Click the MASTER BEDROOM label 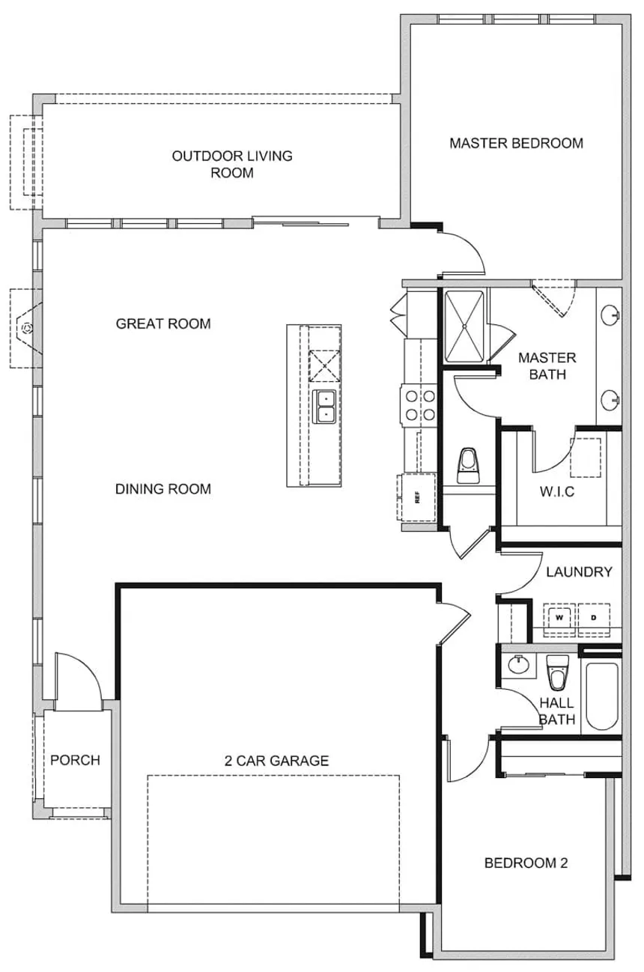tap(516, 143)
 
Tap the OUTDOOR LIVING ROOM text tap(232, 165)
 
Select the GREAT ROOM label tap(163, 324)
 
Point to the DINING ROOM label tap(163, 489)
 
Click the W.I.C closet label tap(557, 492)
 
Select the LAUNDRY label tap(579, 572)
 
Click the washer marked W tap(559, 619)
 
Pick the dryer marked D tap(594, 619)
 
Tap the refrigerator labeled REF tap(416, 497)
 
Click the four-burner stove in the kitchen tap(419, 405)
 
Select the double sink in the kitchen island tap(324, 407)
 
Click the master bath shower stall tap(464, 326)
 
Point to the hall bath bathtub tap(602, 696)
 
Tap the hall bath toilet tap(558, 672)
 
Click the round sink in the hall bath tap(519, 664)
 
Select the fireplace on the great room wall tap(26, 329)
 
